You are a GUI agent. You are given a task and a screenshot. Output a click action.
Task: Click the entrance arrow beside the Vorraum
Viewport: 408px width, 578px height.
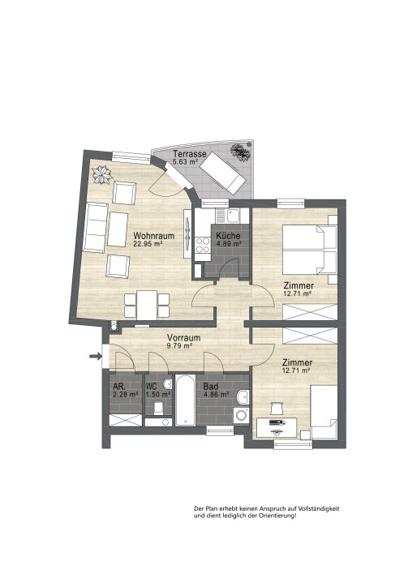96,356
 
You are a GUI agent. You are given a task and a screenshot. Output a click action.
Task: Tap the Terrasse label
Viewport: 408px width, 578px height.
190,154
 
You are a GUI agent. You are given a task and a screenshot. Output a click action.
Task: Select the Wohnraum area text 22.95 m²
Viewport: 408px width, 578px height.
148,243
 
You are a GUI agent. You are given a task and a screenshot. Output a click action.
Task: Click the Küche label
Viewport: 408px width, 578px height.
229,236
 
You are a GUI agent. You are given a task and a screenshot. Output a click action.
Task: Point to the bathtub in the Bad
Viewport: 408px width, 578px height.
185,400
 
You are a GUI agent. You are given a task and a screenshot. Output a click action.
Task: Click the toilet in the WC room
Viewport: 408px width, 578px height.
159,408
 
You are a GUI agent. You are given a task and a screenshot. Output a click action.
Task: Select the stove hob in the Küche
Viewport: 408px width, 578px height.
202,245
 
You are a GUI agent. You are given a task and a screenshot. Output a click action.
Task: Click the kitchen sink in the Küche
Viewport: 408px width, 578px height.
233,216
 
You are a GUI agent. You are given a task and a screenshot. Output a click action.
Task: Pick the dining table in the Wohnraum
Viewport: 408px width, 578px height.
147,305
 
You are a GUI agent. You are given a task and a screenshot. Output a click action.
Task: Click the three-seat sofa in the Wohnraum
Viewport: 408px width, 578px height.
96,228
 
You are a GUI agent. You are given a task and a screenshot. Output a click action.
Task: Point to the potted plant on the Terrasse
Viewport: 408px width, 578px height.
241,152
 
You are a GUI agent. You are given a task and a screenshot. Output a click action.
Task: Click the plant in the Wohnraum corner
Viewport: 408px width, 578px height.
102,175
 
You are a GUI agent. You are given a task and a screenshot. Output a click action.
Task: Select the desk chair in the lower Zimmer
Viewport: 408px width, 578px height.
276,409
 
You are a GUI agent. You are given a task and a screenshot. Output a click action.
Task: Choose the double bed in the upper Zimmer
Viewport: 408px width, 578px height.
310,250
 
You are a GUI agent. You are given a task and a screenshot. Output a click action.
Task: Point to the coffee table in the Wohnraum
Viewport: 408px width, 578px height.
118,229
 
